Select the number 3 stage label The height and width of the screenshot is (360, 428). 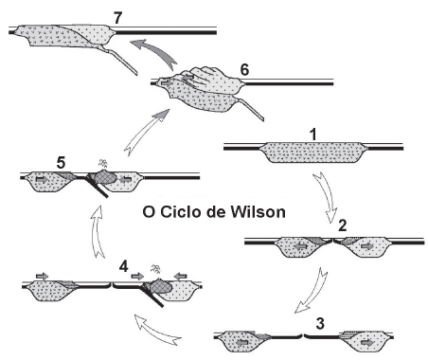322,322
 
